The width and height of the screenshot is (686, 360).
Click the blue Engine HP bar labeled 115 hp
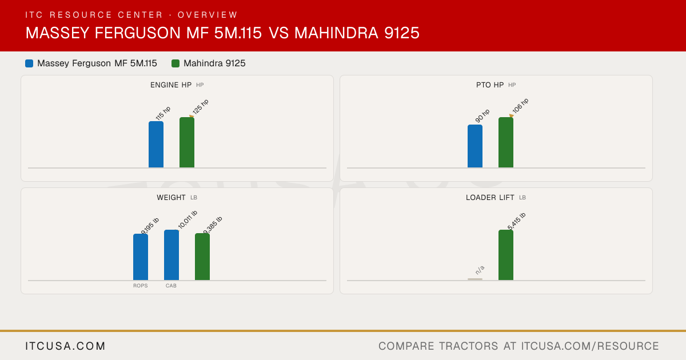[156, 145]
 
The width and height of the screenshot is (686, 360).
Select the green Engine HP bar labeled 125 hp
[187, 142]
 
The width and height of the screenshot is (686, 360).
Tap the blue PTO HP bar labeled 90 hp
[475, 146]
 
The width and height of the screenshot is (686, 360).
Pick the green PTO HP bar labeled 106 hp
[506, 142]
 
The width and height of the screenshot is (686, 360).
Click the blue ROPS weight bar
[141, 257]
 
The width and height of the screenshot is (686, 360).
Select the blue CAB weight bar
[171, 255]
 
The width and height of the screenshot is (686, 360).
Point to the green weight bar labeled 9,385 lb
[202, 257]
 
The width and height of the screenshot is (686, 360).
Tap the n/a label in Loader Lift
[480, 270]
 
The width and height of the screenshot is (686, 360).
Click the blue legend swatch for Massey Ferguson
[29, 63]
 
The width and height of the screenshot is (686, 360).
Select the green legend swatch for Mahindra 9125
[176, 63]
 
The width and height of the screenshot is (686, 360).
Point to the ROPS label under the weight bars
[140, 286]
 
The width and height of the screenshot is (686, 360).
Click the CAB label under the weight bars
[171, 286]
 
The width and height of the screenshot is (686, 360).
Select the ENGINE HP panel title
[171, 85]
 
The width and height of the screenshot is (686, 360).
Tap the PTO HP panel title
[490, 85]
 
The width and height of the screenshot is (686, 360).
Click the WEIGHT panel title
[171, 198]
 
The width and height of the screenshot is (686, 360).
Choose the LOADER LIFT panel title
[490, 198]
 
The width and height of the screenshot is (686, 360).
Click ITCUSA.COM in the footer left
[65, 346]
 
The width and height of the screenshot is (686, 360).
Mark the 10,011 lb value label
[188, 219]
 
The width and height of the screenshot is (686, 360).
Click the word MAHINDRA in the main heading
[336, 33]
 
